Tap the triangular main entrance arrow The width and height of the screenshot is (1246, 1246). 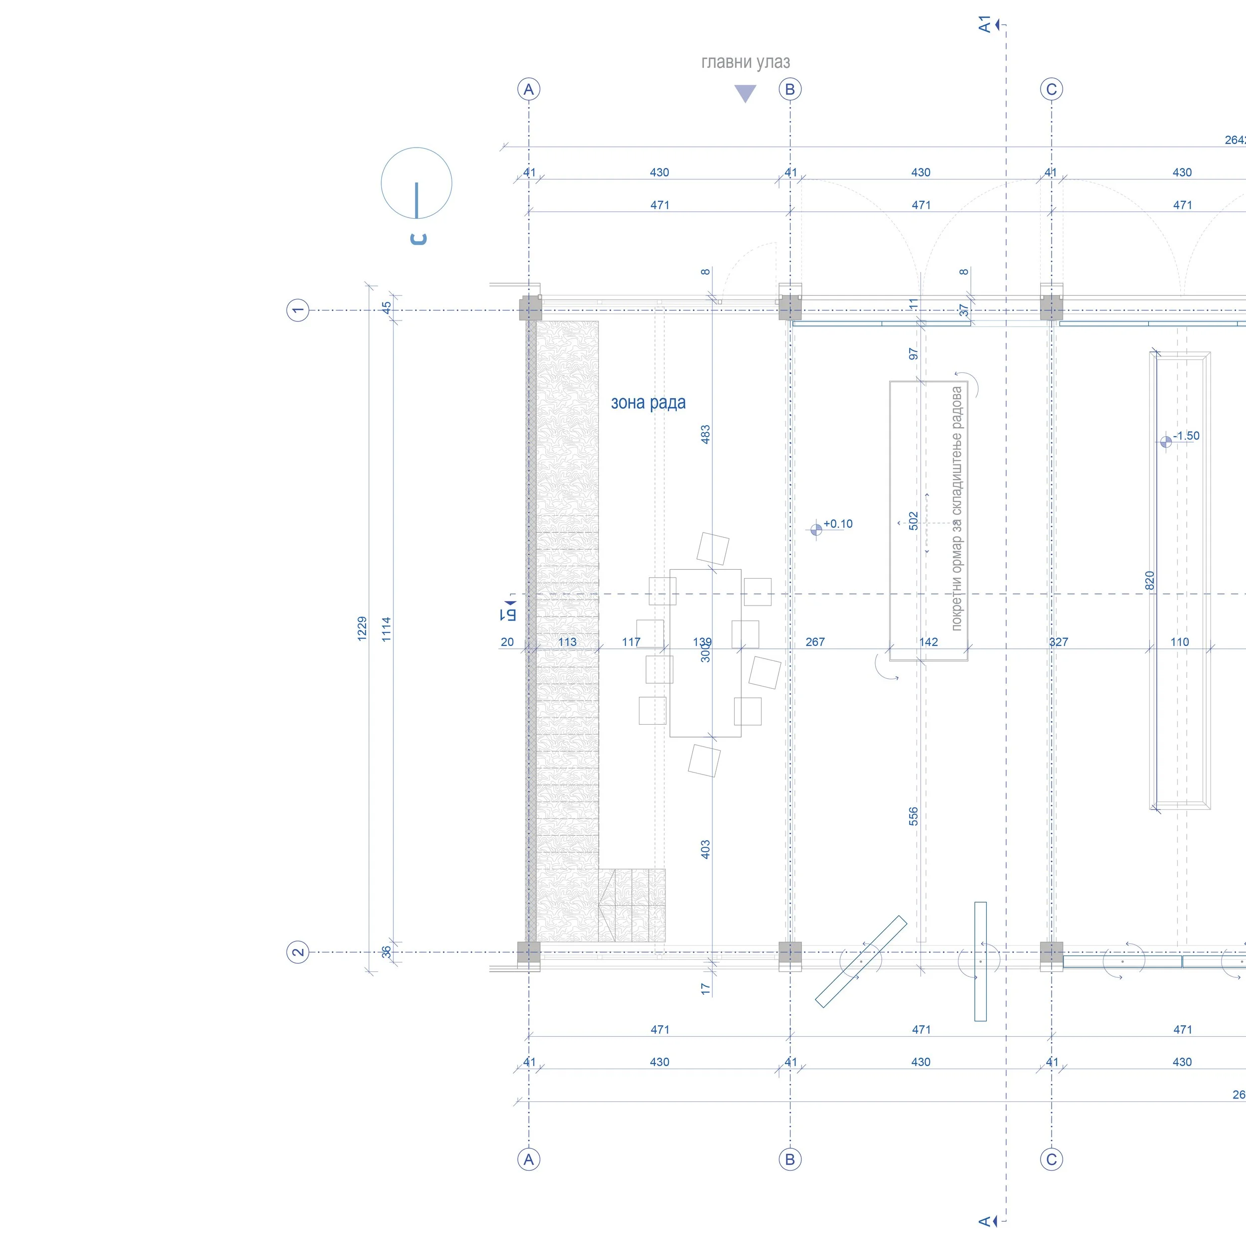(x=745, y=93)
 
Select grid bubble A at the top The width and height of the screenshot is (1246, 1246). (x=529, y=89)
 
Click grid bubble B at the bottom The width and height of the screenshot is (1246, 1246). (x=790, y=1160)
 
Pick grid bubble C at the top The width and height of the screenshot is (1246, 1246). (x=1051, y=89)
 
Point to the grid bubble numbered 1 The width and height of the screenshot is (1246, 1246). (x=298, y=310)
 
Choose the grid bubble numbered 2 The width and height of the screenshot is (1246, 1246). (x=298, y=952)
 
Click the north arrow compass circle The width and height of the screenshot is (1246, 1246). (x=417, y=183)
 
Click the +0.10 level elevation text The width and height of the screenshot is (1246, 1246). (x=838, y=524)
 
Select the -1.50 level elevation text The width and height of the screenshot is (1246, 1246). (x=1186, y=436)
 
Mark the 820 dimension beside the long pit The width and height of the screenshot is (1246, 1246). (x=1149, y=581)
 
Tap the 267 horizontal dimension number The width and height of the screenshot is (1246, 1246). (x=815, y=642)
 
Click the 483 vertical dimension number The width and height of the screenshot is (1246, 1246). (x=706, y=434)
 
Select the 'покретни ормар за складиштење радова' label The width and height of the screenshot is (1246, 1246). (x=956, y=508)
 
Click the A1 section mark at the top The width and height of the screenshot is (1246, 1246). (x=984, y=24)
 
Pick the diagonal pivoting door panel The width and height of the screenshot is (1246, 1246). (x=861, y=961)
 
